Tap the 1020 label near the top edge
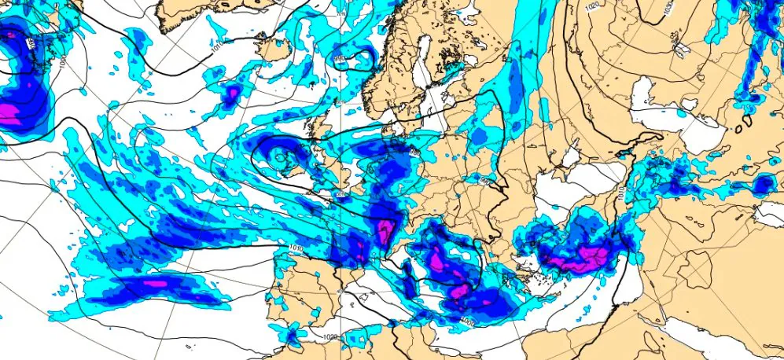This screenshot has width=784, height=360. click(x=594, y=7)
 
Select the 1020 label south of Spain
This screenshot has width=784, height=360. click(x=331, y=336)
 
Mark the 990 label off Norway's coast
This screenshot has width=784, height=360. click(x=340, y=59)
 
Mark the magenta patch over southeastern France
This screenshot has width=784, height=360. click(x=385, y=233)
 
